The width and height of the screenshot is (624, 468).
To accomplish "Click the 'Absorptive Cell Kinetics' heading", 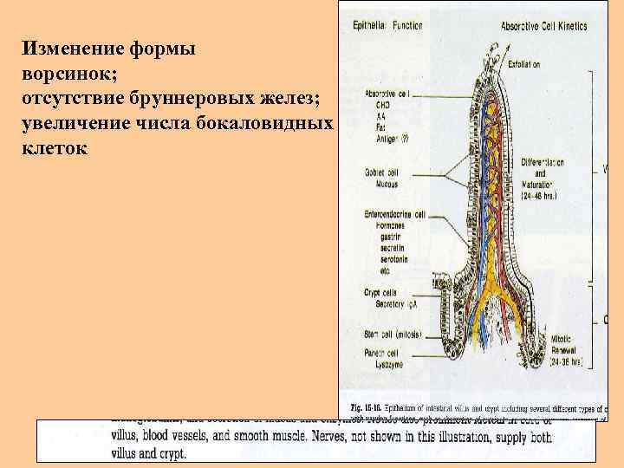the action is pos(544,26).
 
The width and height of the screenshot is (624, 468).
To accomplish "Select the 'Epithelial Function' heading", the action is pos(387,26).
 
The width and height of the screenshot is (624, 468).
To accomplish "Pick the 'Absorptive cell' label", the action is pos(387,93).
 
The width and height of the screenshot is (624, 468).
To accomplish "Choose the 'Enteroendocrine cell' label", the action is pos(395,213).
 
